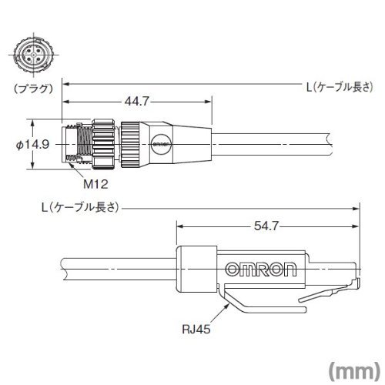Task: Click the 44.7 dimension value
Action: [137, 101]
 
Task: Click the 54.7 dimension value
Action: [266, 226]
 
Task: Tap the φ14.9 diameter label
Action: [32, 145]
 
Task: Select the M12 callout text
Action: [95, 184]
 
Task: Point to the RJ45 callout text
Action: [196, 329]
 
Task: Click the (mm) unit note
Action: [354, 370]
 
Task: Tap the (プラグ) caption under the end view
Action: [33, 89]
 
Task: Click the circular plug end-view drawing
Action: [33, 55]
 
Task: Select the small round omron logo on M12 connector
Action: [161, 144]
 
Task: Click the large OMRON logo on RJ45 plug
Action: [261, 269]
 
